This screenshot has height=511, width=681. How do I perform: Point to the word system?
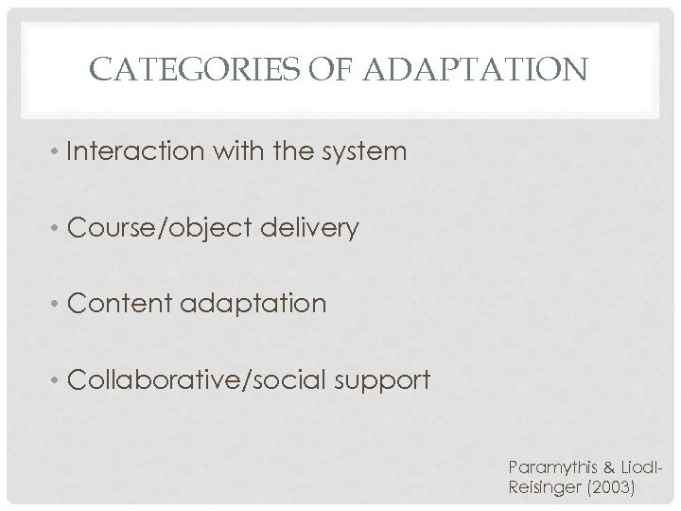[369, 150]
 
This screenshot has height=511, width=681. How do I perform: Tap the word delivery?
[317, 227]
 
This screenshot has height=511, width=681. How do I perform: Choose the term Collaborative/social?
[199, 380]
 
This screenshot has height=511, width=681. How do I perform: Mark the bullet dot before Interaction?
[60, 151]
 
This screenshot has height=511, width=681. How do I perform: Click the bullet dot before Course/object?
[60, 228]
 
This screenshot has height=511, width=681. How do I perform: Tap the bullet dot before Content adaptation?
[60, 305]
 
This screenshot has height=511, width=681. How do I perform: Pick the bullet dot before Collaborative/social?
[60, 381]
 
